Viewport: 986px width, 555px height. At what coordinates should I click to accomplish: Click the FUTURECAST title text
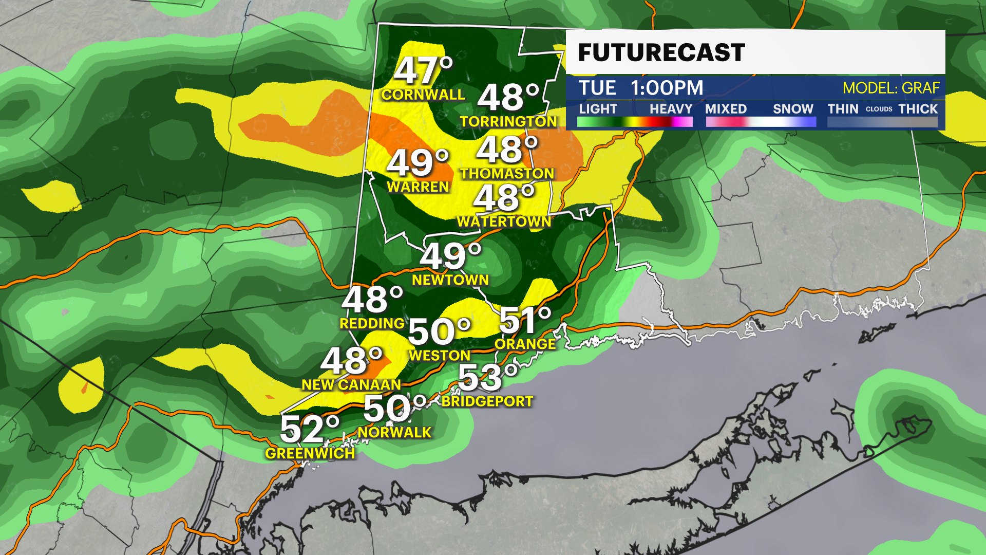[x=661, y=52]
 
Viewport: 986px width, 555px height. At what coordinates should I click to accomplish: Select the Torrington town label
[x=508, y=121]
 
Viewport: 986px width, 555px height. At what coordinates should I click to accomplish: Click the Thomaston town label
[x=507, y=174]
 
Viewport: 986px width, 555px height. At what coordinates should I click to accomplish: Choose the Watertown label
[x=504, y=221]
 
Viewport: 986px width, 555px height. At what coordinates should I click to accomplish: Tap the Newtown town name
[x=450, y=280]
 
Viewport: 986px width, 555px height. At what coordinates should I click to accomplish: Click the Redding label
[x=372, y=323]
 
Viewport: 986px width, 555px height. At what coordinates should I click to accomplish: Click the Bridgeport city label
[x=487, y=401]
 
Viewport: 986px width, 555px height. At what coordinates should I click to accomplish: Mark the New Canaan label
[x=351, y=384]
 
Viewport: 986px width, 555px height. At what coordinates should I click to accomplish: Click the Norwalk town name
[x=394, y=432]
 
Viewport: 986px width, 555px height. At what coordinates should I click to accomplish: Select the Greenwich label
[x=310, y=453]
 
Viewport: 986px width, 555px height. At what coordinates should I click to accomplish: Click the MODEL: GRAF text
[x=890, y=88]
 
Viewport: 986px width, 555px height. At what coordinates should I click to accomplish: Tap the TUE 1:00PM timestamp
[x=640, y=88]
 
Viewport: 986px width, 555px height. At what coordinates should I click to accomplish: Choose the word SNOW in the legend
[x=792, y=109]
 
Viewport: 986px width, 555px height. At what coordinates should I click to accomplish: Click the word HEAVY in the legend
[x=670, y=109]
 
